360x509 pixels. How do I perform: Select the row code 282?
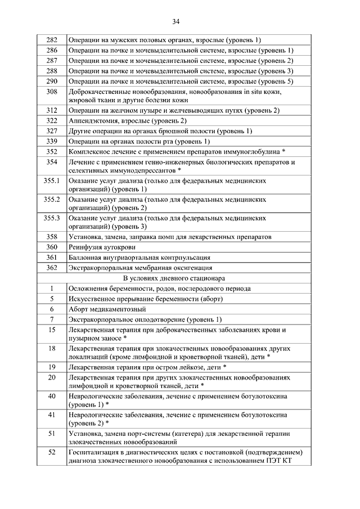coord(52,40)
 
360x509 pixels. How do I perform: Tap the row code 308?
coord(52,92)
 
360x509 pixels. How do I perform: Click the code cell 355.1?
coord(52,181)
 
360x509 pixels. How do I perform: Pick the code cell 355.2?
coord(52,199)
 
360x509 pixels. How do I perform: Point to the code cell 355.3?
coord(52,218)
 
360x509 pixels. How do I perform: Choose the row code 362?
coord(52,268)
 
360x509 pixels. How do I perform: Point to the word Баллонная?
coord(85,258)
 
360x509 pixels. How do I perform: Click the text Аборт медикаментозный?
coord(107,309)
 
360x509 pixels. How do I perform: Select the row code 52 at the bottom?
coord(52,452)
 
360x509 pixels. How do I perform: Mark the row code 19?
coord(52,367)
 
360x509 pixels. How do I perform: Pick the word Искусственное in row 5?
coord(93,299)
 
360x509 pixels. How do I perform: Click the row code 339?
coord(52,141)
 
